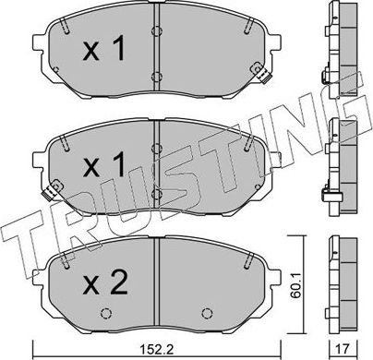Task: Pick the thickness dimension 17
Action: coord(343,349)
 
